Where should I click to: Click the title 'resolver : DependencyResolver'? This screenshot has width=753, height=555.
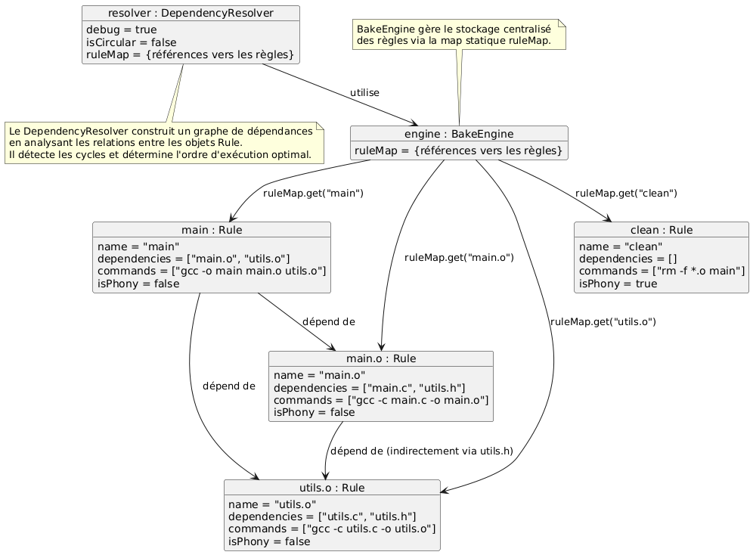pos(191,13)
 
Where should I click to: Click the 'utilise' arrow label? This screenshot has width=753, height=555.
pos(364,92)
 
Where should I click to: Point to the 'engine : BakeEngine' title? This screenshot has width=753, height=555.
pos(459,134)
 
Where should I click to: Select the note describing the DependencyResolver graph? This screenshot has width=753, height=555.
pos(164,143)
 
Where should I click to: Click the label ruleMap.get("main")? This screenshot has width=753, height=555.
pos(314,193)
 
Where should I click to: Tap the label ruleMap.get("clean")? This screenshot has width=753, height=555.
pos(626,193)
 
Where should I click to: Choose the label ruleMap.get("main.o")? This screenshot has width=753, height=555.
pos(459,257)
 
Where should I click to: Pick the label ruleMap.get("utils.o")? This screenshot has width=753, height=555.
pos(603,321)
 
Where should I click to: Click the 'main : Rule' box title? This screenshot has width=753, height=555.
pos(212,230)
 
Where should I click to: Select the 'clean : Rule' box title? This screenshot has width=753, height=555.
pos(661,230)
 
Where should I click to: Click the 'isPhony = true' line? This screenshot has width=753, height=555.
pos(618,284)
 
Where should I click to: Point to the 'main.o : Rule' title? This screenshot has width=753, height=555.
pos(381,358)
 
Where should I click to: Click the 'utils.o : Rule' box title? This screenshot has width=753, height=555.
pos(332,488)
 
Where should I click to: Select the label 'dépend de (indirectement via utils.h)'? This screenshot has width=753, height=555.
pos(422,451)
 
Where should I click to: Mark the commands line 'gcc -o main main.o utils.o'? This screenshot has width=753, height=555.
pos(212,271)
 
